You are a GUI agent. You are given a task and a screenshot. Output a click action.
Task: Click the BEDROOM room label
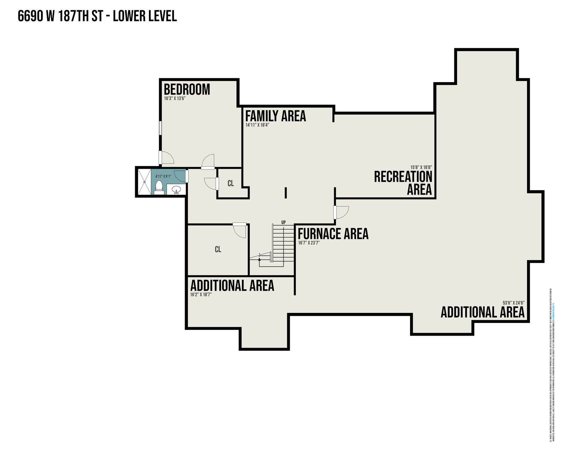tap(187, 89)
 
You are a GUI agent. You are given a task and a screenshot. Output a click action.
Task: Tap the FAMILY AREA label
tap(276, 116)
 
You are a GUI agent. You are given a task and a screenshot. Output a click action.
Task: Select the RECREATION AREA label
tap(403, 182)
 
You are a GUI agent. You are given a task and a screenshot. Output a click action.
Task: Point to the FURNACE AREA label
tap(333, 234)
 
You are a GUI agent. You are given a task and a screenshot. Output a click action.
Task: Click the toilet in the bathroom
tap(159, 187)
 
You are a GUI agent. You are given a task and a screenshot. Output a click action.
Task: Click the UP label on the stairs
tap(283, 222)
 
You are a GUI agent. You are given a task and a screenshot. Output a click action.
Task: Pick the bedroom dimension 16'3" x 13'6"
tap(175, 99)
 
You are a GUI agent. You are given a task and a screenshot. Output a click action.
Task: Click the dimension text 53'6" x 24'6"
tap(513, 303)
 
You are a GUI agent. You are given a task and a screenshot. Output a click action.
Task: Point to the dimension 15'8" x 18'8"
tap(421, 167)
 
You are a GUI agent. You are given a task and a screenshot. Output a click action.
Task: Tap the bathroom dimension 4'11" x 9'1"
tap(163, 176)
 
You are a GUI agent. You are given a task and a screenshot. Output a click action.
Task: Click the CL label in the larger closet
tap(218, 250)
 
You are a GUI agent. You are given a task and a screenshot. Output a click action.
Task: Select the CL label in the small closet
tap(231, 184)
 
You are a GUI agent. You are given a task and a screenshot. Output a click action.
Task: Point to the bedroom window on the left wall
tap(160, 128)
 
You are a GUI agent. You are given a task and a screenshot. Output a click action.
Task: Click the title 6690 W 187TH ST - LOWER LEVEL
tap(97, 16)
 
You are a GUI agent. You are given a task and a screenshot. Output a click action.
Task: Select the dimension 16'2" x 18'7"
tap(201, 294)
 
